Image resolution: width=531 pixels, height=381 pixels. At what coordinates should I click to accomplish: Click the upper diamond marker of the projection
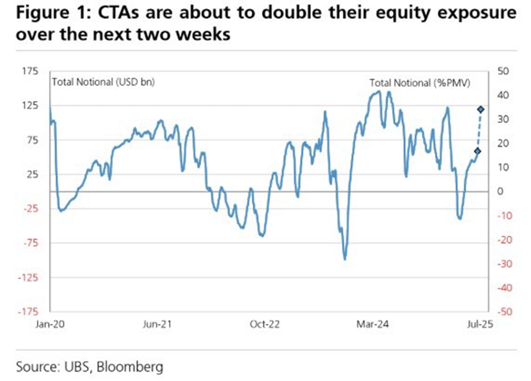pos(481,109)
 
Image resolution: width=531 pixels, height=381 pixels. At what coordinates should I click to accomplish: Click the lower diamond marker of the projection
pos(478,151)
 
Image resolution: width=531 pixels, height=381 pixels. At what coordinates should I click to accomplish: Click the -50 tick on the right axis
pos(504,312)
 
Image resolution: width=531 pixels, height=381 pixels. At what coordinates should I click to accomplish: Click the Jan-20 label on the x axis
pos(47,324)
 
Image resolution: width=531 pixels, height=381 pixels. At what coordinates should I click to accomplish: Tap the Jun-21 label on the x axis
pos(156,324)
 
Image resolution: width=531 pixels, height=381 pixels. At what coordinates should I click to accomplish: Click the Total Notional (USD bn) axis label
pos(103,82)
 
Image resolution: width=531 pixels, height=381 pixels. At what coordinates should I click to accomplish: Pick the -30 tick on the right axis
pos(504,263)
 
